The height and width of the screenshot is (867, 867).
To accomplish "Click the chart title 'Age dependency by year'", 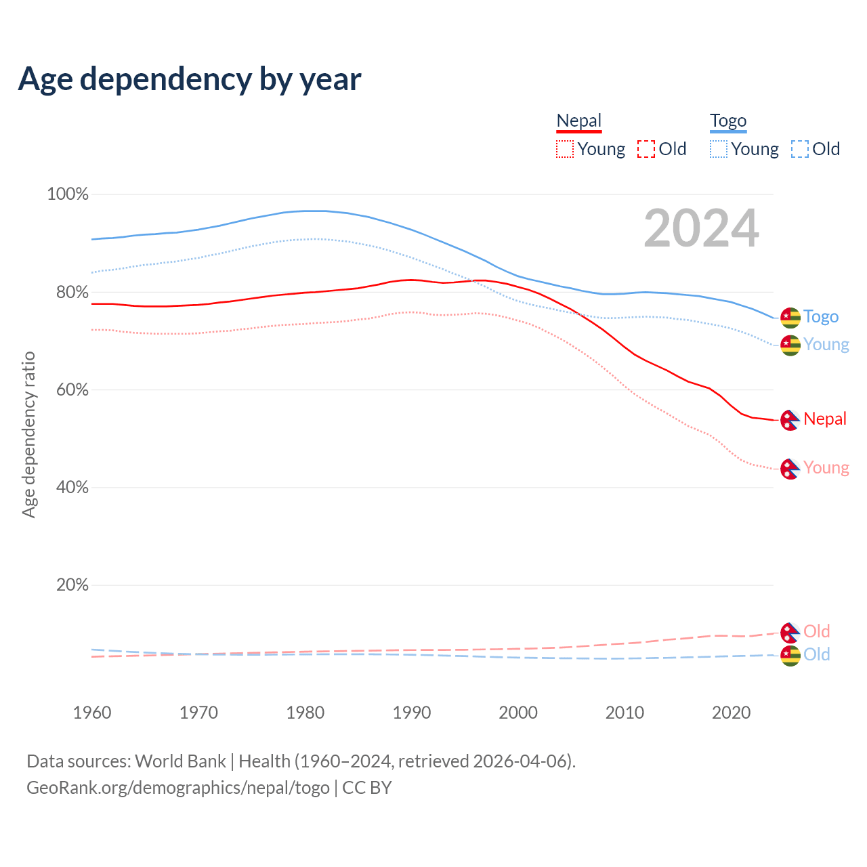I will tap(190, 79).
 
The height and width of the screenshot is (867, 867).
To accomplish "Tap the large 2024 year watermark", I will tap(701, 228).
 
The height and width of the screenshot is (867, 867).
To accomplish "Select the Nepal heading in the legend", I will tap(578, 121).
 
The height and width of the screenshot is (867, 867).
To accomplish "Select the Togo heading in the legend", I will tap(727, 121).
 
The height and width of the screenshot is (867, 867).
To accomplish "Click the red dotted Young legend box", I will tap(564, 149).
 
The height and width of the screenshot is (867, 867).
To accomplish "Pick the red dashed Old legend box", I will tap(646, 149).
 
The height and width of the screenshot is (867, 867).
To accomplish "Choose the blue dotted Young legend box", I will tap(718, 149).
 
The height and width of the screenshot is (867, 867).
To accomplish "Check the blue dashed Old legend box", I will tap(800, 149).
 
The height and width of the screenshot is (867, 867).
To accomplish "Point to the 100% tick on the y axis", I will tap(68, 194).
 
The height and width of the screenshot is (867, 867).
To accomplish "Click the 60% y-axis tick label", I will tap(72, 390).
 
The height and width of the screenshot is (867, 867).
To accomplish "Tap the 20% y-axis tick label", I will tap(72, 585).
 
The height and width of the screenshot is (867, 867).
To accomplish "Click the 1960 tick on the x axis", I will tap(92, 713).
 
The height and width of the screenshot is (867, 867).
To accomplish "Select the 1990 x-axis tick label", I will tap(412, 713).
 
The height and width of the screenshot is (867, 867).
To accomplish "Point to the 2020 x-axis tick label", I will tap(732, 713).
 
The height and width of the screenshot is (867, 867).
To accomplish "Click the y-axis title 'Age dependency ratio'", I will tap(28, 434).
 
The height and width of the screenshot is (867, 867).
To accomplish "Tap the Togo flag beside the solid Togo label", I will tap(790, 317).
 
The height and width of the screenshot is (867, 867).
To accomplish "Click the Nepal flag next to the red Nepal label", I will tap(790, 420).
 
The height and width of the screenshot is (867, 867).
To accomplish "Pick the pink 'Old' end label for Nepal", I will tap(816, 631).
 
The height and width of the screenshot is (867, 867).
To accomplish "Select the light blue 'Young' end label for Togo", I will tap(826, 345).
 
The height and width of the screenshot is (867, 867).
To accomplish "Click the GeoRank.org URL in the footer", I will tap(177, 788).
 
